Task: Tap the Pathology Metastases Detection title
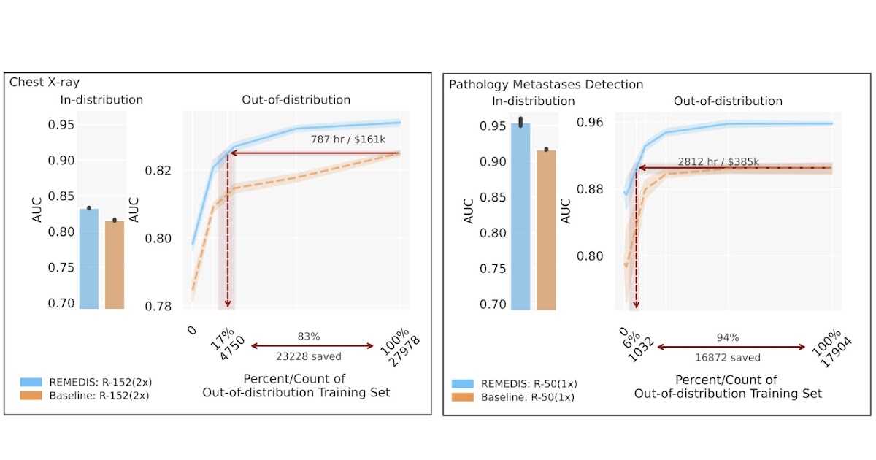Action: [545, 85]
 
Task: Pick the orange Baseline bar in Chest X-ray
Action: [114, 264]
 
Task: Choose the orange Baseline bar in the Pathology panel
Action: [546, 229]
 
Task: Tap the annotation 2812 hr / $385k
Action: [719, 161]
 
